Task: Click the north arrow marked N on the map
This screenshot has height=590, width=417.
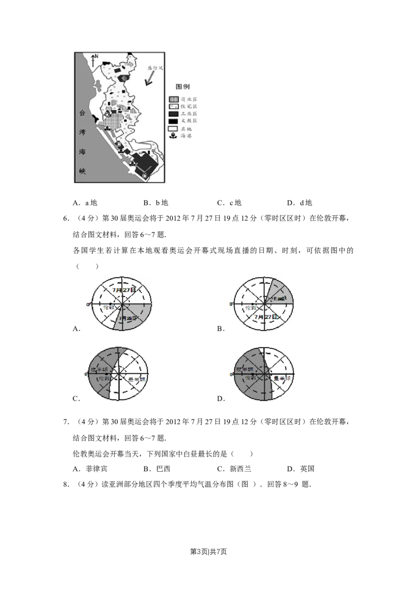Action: click(x=93, y=59)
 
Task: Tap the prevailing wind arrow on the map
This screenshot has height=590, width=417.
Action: click(x=150, y=78)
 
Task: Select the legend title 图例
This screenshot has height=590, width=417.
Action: click(x=182, y=87)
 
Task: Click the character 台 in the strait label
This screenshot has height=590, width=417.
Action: click(x=81, y=112)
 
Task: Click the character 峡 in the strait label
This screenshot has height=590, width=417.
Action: click(x=81, y=171)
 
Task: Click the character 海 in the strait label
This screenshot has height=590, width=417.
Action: click(x=81, y=151)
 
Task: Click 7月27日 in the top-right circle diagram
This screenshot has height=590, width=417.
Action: click(x=265, y=316)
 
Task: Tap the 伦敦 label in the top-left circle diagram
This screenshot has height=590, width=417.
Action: click(x=106, y=308)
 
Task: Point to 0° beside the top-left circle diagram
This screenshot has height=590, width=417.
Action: click(x=88, y=303)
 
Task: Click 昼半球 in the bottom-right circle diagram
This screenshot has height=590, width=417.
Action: click(x=282, y=378)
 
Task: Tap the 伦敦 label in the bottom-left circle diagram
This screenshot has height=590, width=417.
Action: click(x=104, y=379)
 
